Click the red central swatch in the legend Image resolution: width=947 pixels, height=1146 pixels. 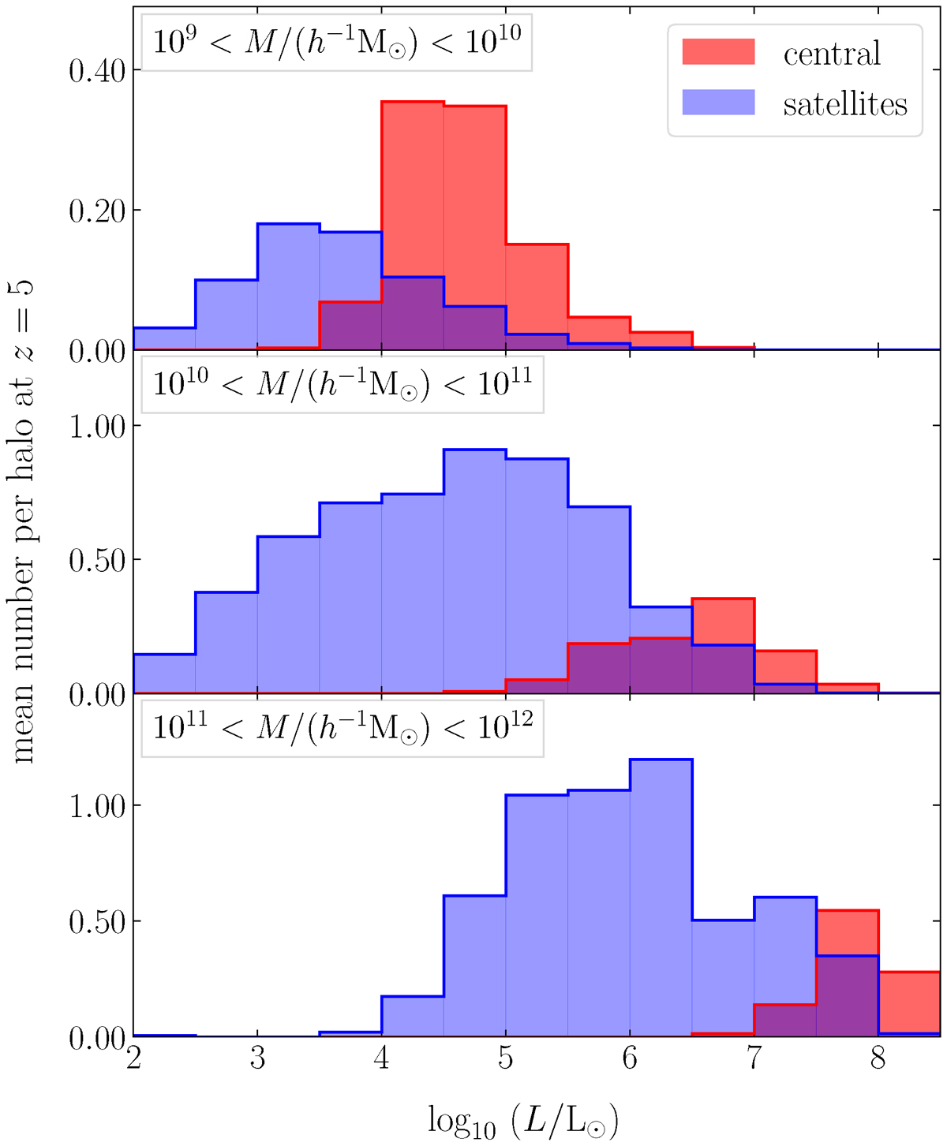click(718, 52)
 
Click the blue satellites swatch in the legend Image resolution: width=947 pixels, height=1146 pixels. click(718, 103)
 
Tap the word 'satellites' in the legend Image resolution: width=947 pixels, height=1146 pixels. click(844, 104)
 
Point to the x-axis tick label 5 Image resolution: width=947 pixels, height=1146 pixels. click(505, 1058)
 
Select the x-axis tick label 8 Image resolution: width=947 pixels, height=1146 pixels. click(878, 1058)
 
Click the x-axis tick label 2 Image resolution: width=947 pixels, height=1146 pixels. click(133, 1058)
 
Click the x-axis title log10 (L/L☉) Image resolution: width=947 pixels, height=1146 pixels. click(522, 1118)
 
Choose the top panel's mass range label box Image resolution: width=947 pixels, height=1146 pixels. click(337, 42)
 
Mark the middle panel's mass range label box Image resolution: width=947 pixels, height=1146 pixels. click(342, 384)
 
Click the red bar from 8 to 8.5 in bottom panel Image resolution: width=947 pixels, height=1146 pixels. click(908, 1002)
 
